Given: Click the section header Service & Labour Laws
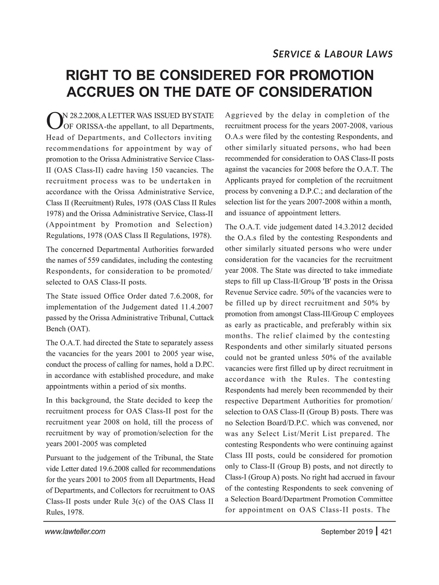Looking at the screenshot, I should click(332, 54).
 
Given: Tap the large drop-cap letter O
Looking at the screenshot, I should click(53, 119).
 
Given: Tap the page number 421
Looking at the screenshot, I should click(386, 532).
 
